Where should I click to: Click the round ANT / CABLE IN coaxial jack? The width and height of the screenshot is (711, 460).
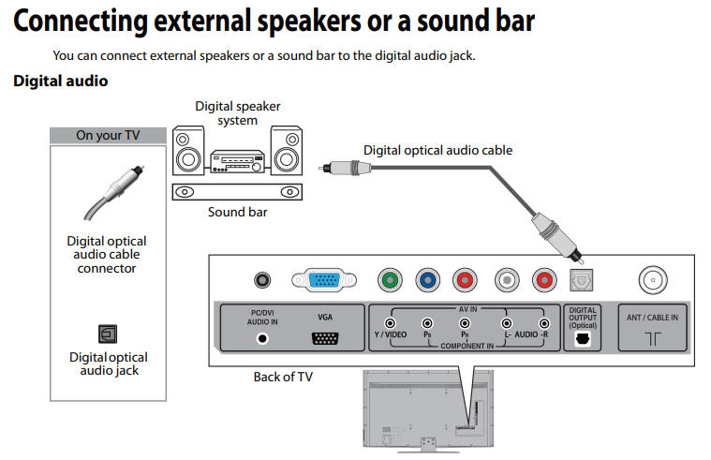coord(653,279)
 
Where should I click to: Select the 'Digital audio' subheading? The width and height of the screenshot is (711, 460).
coord(60,82)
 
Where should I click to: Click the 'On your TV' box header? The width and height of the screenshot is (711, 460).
coord(108,135)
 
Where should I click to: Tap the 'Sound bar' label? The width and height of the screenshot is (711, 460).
coord(237,212)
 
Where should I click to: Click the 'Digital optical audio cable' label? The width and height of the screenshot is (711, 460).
coord(437,150)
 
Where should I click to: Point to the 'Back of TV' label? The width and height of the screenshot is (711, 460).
coord(283,377)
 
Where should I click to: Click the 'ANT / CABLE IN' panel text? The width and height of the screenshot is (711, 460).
coord(652,317)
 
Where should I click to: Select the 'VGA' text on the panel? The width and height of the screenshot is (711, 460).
coord(325,317)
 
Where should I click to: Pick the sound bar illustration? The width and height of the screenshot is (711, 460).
coord(237,190)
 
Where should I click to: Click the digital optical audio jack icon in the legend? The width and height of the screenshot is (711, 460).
coord(107,333)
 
